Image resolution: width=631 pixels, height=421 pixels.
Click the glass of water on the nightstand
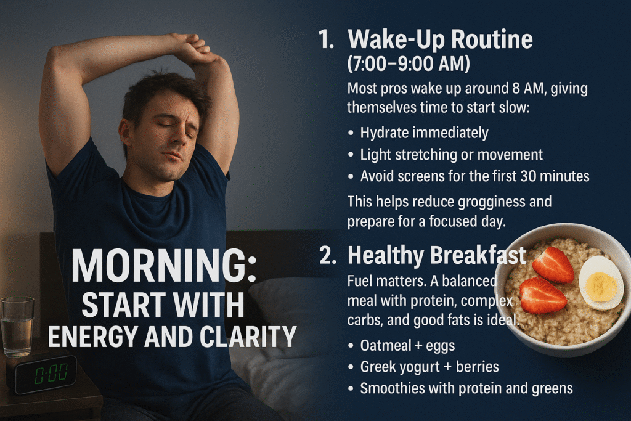[17, 327]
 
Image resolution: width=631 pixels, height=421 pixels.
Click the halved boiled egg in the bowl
[601, 282]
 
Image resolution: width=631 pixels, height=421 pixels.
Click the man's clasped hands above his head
[192, 46]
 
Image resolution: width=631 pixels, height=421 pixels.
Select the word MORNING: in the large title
[164, 266]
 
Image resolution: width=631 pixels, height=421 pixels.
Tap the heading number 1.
[326, 39]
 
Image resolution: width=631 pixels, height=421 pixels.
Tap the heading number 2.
[328, 255]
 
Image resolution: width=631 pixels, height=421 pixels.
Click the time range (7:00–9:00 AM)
[409, 63]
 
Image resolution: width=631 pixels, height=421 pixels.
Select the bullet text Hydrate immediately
[424, 133]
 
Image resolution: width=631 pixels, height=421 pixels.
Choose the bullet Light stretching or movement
[452, 155]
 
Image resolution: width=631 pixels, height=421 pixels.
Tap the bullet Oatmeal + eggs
[408, 346]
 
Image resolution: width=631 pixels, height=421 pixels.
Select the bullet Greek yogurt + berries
[429, 367]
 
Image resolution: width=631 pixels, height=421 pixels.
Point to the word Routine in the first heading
[492, 39]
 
